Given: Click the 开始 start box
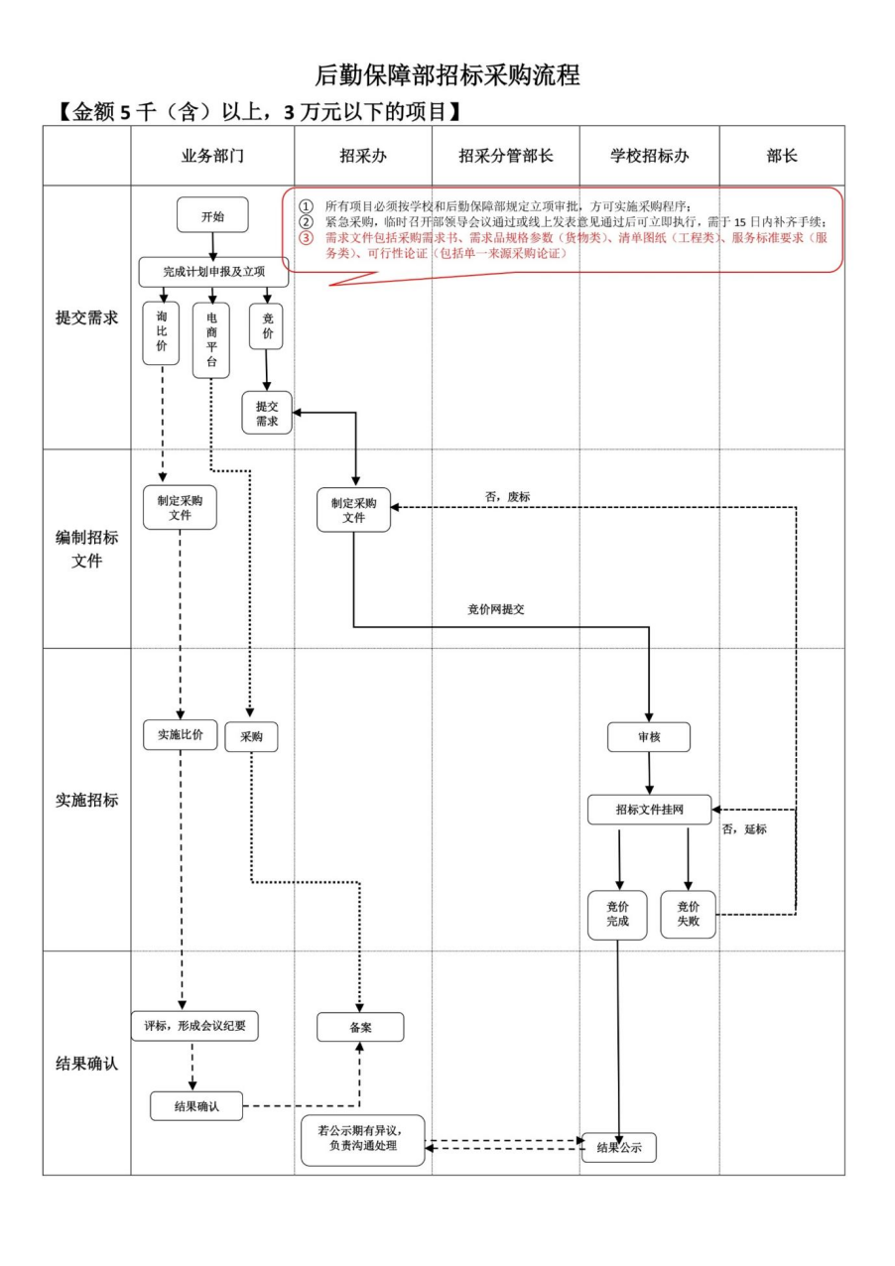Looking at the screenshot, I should click(x=212, y=215).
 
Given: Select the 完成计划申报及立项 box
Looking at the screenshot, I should click(x=213, y=272).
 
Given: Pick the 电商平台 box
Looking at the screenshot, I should click(x=211, y=339).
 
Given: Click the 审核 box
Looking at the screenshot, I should click(x=649, y=737).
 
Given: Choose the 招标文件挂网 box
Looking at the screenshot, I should click(x=649, y=810).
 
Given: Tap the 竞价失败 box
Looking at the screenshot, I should click(x=688, y=914).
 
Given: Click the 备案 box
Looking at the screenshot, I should click(x=360, y=1027).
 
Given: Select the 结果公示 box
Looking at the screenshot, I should click(x=619, y=1148).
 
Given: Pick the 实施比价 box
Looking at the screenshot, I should click(x=180, y=734).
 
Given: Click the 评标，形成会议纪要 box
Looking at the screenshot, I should click(x=194, y=1025).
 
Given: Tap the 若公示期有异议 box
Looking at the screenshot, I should click(x=363, y=1139).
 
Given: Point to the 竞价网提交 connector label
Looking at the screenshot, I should click(x=495, y=609).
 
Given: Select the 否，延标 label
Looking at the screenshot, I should click(x=744, y=829).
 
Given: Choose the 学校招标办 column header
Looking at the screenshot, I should click(x=649, y=156).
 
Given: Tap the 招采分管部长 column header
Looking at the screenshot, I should click(x=505, y=156).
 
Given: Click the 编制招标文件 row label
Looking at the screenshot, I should click(x=86, y=549).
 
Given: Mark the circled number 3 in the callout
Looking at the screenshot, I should click(x=306, y=238).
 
